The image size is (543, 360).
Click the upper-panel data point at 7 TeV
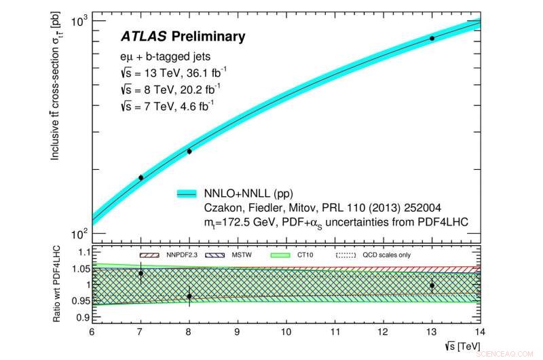point(141,177)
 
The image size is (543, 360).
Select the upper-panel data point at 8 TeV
point(189,151)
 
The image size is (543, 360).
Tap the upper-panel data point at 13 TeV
point(432,38)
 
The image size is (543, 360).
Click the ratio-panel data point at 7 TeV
point(141,273)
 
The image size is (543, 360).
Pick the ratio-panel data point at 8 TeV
point(189,296)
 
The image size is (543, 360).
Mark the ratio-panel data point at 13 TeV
point(432,285)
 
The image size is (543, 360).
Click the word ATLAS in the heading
point(144,35)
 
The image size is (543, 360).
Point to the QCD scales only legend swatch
point(346,255)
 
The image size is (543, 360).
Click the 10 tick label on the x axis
point(286,334)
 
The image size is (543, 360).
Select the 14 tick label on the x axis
point(480,334)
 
